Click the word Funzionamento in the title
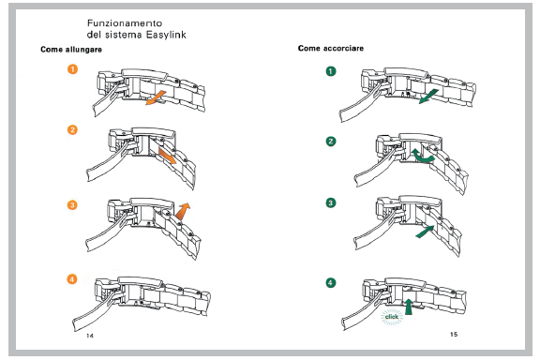(125, 23)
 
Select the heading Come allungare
(71, 50)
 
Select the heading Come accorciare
(331, 48)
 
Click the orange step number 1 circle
(72, 69)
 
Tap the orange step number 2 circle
(72, 130)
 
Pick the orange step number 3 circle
(72, 205)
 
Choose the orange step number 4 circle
(72, 278)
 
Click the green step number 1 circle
(331, 71)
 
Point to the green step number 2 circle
(331, 142)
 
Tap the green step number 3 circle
(331, 202)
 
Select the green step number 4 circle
(331, 283)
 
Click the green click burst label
(392, 317)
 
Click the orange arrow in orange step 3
(182, 211)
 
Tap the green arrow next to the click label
(409, 307)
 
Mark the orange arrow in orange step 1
(156, 97)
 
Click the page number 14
(90, 336)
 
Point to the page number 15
(454, 334)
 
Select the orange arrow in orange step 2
(168, 156)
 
